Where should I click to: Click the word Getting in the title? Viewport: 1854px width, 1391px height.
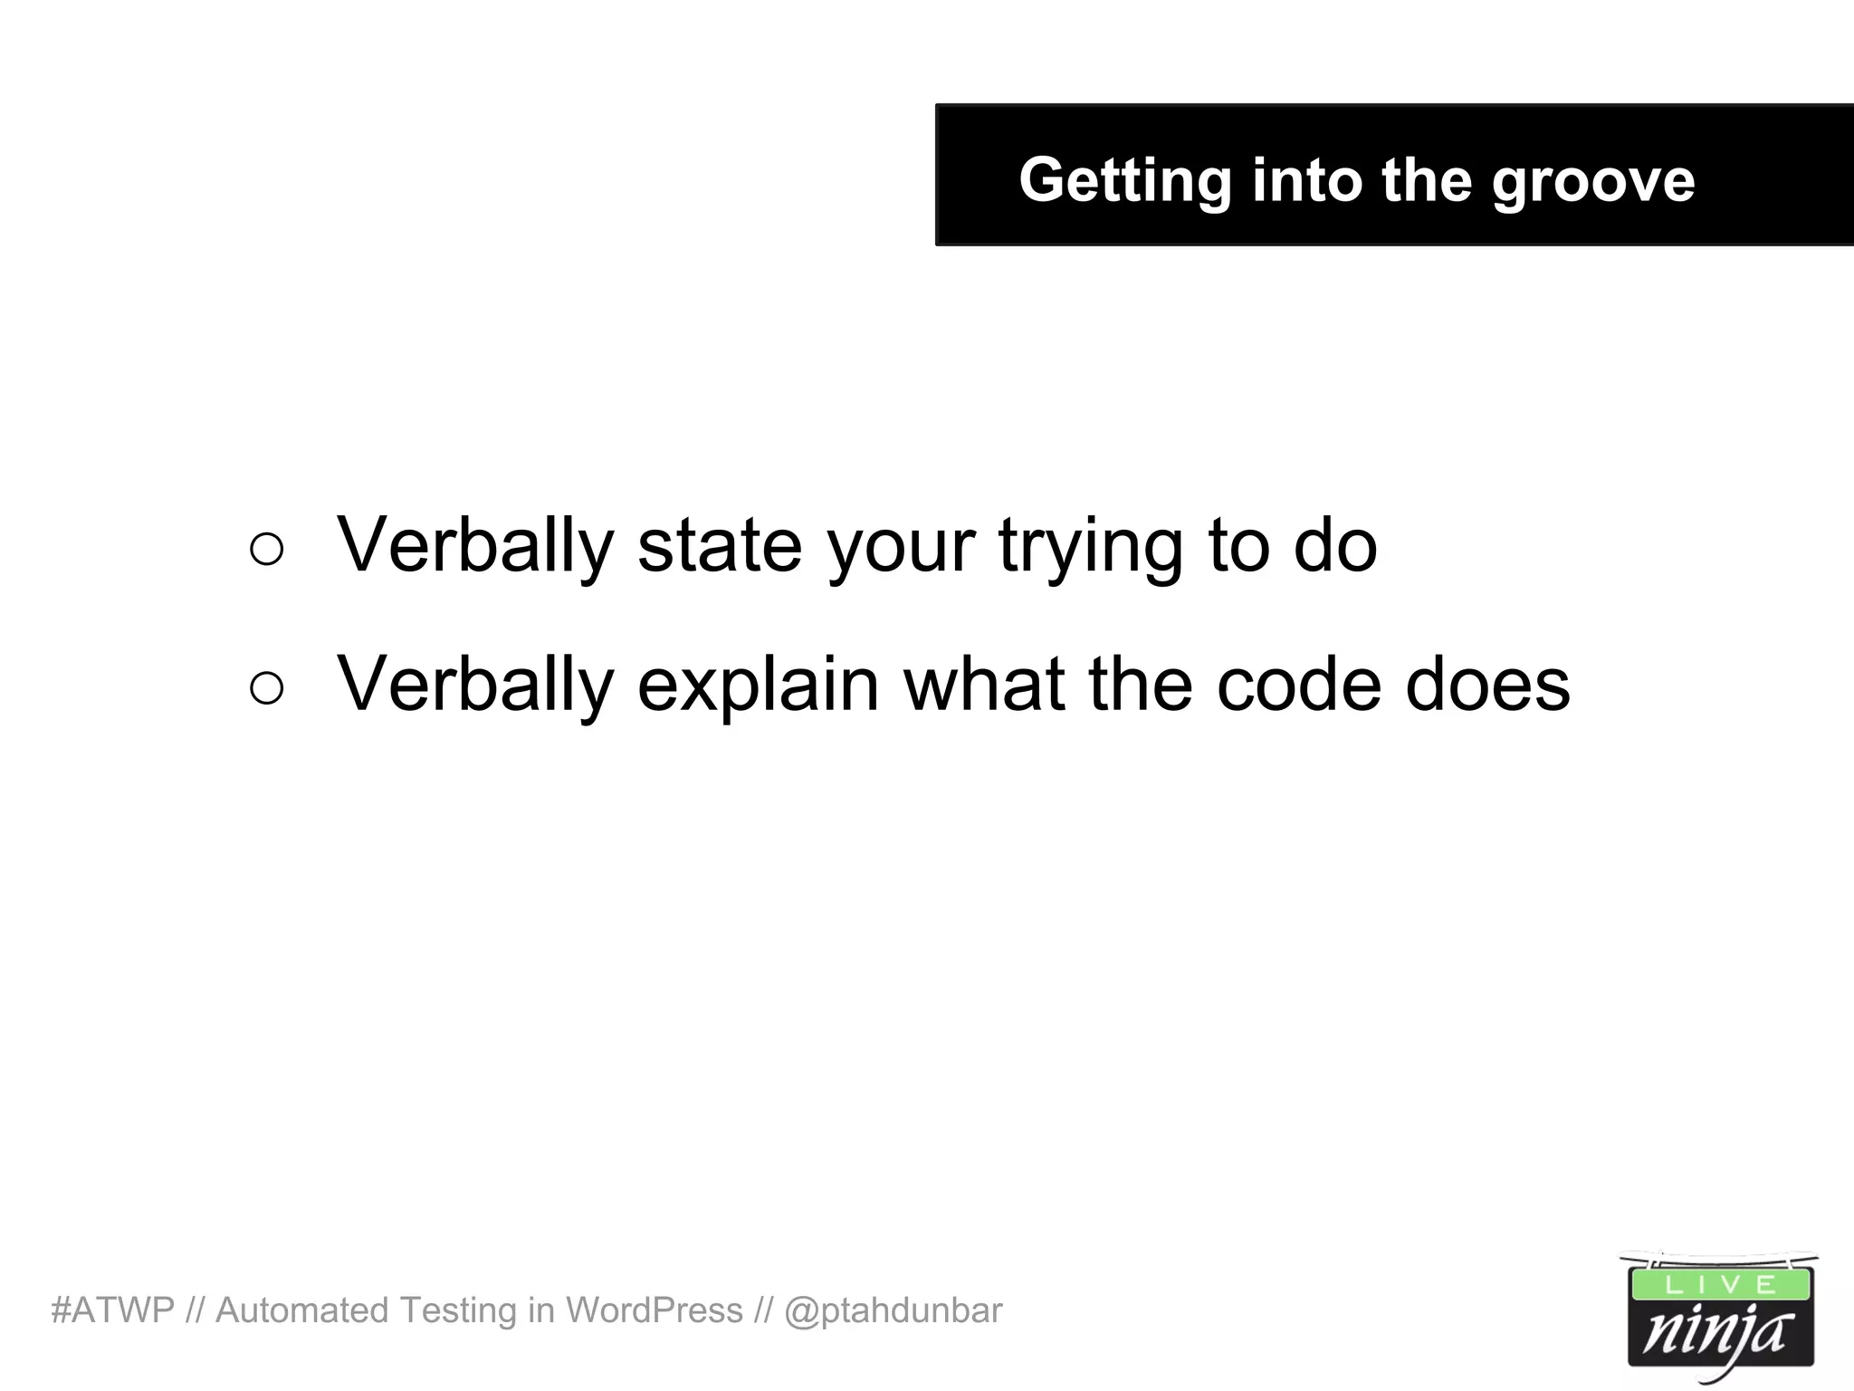[1124, 180]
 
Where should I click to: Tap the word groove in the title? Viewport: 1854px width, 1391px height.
[1592, 180]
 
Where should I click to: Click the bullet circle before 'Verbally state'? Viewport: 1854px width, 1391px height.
[266, 549]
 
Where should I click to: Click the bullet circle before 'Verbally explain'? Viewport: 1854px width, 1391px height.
[266, 687]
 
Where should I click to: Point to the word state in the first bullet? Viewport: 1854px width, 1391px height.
[720, 545]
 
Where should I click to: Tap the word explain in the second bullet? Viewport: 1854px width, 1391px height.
[758, 686]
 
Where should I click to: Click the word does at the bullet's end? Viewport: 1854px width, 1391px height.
[1487, 685]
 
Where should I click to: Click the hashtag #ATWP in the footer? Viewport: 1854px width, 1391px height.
[112, 1310]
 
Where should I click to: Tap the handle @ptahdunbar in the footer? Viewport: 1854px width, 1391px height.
[893, 1310]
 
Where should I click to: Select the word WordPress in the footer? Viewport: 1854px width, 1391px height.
[654, 1310]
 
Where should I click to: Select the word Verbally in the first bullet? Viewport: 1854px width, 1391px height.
[475, 547]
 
